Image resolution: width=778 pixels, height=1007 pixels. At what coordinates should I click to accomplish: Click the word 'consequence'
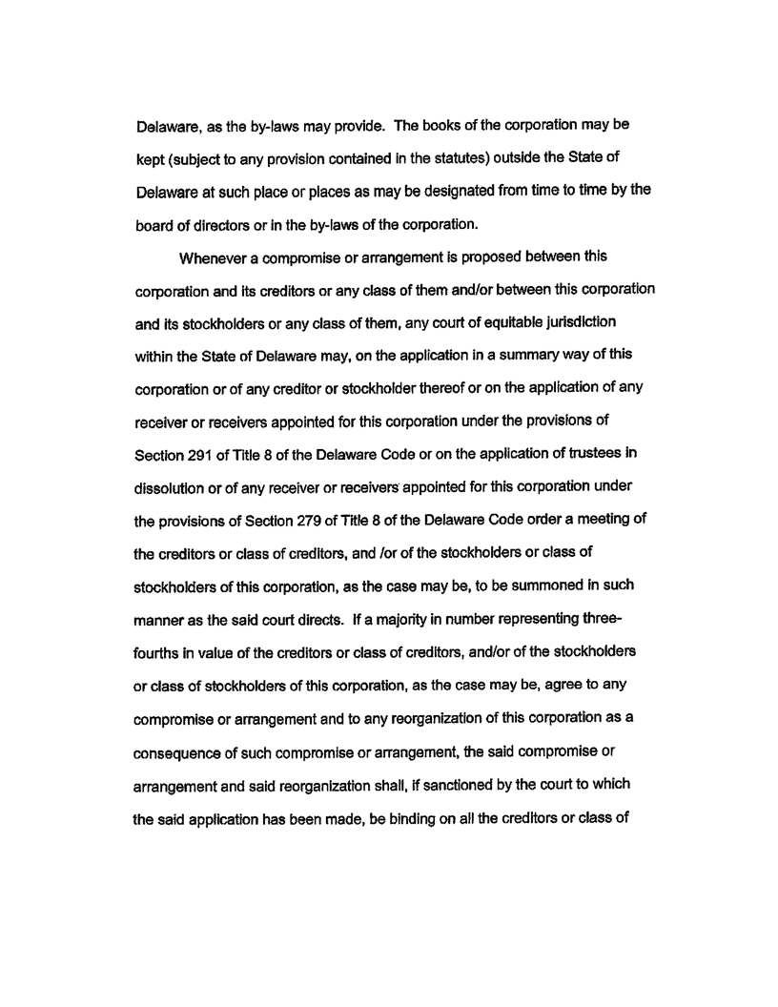(180, 679)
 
